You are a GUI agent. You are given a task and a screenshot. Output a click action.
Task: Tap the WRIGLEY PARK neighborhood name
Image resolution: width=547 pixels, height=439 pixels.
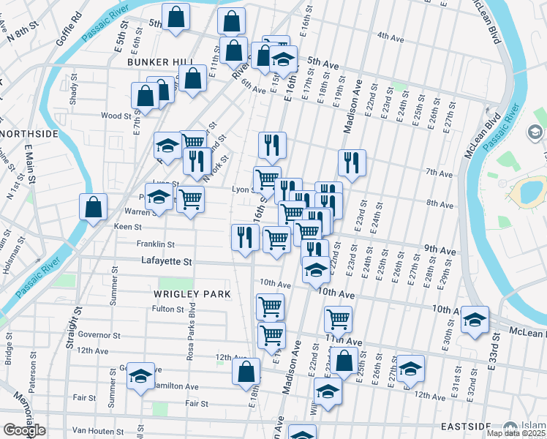192,294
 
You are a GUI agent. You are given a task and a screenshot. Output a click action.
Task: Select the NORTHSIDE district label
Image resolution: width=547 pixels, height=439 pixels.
29,134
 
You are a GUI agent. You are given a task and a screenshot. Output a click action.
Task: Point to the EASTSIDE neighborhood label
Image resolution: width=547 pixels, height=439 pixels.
464,426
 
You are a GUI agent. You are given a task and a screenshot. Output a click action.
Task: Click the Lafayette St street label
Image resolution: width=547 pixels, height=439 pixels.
166,261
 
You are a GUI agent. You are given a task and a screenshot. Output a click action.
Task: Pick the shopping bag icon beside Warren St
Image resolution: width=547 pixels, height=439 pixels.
94,207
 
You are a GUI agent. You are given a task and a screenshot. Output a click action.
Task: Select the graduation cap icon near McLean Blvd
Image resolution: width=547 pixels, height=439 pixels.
475,320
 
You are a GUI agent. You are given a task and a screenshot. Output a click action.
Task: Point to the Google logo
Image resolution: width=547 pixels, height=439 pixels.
24,430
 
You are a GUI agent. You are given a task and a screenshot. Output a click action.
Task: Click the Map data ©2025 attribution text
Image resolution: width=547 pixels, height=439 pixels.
516,433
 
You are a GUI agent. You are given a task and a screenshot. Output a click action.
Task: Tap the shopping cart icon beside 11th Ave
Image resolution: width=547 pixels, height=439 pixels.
338,319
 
